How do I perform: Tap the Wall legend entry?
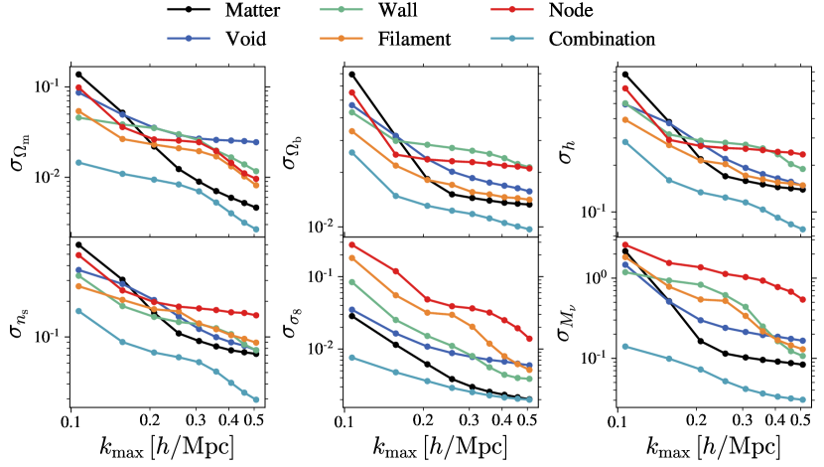(422, 13)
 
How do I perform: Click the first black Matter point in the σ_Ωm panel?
(78, 75)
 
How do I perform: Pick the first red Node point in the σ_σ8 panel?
(351, 244)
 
